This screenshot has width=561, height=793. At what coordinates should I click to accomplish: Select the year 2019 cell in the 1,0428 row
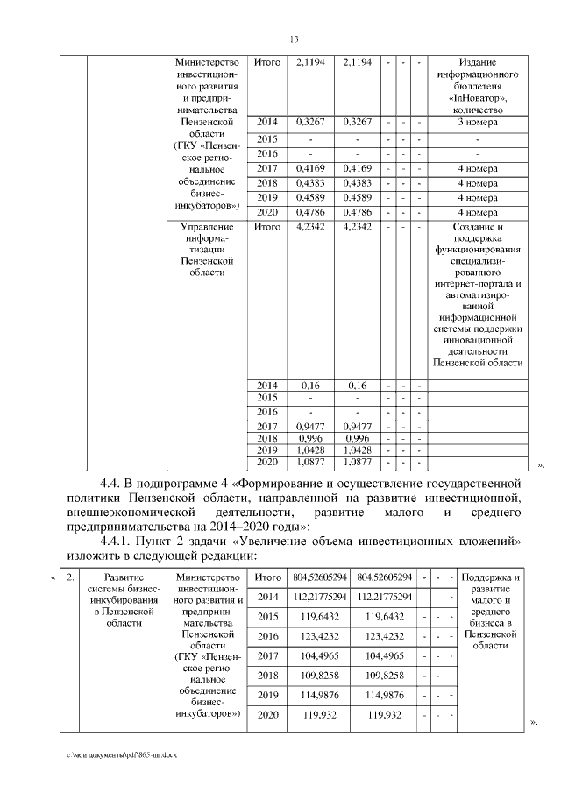pyautogui.click(x=267, y=448)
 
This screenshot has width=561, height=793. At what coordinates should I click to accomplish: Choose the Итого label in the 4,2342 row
pyautogui.click(x=267, y=228)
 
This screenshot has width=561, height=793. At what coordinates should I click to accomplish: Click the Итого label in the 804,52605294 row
pyautogui.click(x=267, y=578)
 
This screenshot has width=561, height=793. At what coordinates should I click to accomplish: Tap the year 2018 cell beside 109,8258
pyautogui.click(x=267, y=676)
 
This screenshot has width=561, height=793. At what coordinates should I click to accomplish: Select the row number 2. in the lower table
pyautogui.click(x=71, y=578)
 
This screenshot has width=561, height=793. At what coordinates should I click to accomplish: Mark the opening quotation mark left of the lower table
pyautogui.click(x=53, y=578)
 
